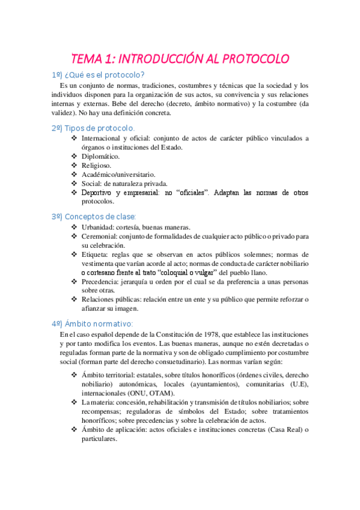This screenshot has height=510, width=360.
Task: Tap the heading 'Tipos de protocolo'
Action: (99, 128)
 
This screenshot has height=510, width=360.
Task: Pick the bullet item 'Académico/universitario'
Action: (118, 174)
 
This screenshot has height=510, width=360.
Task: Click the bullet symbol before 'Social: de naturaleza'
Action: (75, 183)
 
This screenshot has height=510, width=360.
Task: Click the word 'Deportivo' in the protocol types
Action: (98, 192)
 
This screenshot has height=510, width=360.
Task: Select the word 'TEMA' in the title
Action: (87, 59)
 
